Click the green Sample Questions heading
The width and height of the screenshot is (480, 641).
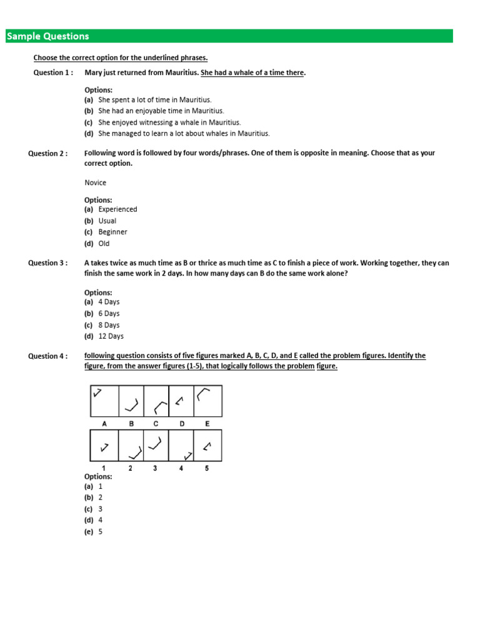pos(48,36)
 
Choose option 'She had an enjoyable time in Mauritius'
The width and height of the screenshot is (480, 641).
pos(161,111)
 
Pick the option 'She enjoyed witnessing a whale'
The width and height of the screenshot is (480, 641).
pos(169,122)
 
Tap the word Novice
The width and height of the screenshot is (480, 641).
pos(95,183)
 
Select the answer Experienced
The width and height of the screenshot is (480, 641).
pos(117,209)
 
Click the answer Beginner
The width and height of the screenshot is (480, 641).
pos(112,232)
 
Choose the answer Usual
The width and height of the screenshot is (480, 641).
pos(107,221)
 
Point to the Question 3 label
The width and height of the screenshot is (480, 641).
pos(47,263)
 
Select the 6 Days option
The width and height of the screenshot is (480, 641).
pos(109,314)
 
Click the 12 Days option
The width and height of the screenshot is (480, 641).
pos(111,336)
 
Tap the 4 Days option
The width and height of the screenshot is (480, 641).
pos(109,302)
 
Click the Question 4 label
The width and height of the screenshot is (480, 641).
pos(47,356)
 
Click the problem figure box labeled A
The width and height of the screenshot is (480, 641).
pos(104,401)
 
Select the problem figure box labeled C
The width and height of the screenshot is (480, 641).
pos(156,401)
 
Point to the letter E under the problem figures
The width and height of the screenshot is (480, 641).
pos(207,424)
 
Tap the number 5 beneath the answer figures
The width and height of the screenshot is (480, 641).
pos(207,468)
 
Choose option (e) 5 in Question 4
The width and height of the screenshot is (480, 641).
pos(100,531)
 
